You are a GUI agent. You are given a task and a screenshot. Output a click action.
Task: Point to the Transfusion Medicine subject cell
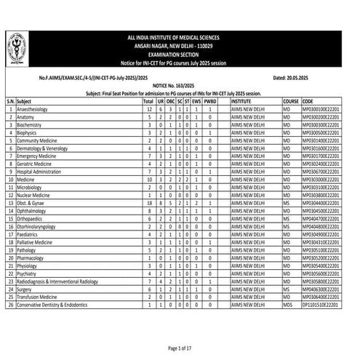41,296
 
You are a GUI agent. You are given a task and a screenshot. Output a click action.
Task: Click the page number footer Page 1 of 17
180,348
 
